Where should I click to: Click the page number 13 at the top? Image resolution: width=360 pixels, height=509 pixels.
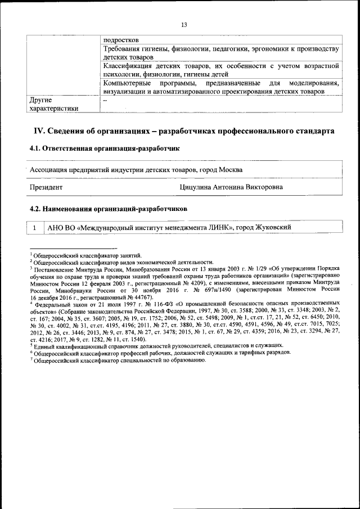184,24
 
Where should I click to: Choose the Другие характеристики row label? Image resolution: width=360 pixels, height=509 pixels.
54,104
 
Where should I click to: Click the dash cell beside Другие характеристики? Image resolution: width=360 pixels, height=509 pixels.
105,100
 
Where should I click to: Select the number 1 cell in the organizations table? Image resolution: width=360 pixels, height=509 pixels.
35,227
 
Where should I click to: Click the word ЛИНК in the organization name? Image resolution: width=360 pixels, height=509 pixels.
223,227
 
